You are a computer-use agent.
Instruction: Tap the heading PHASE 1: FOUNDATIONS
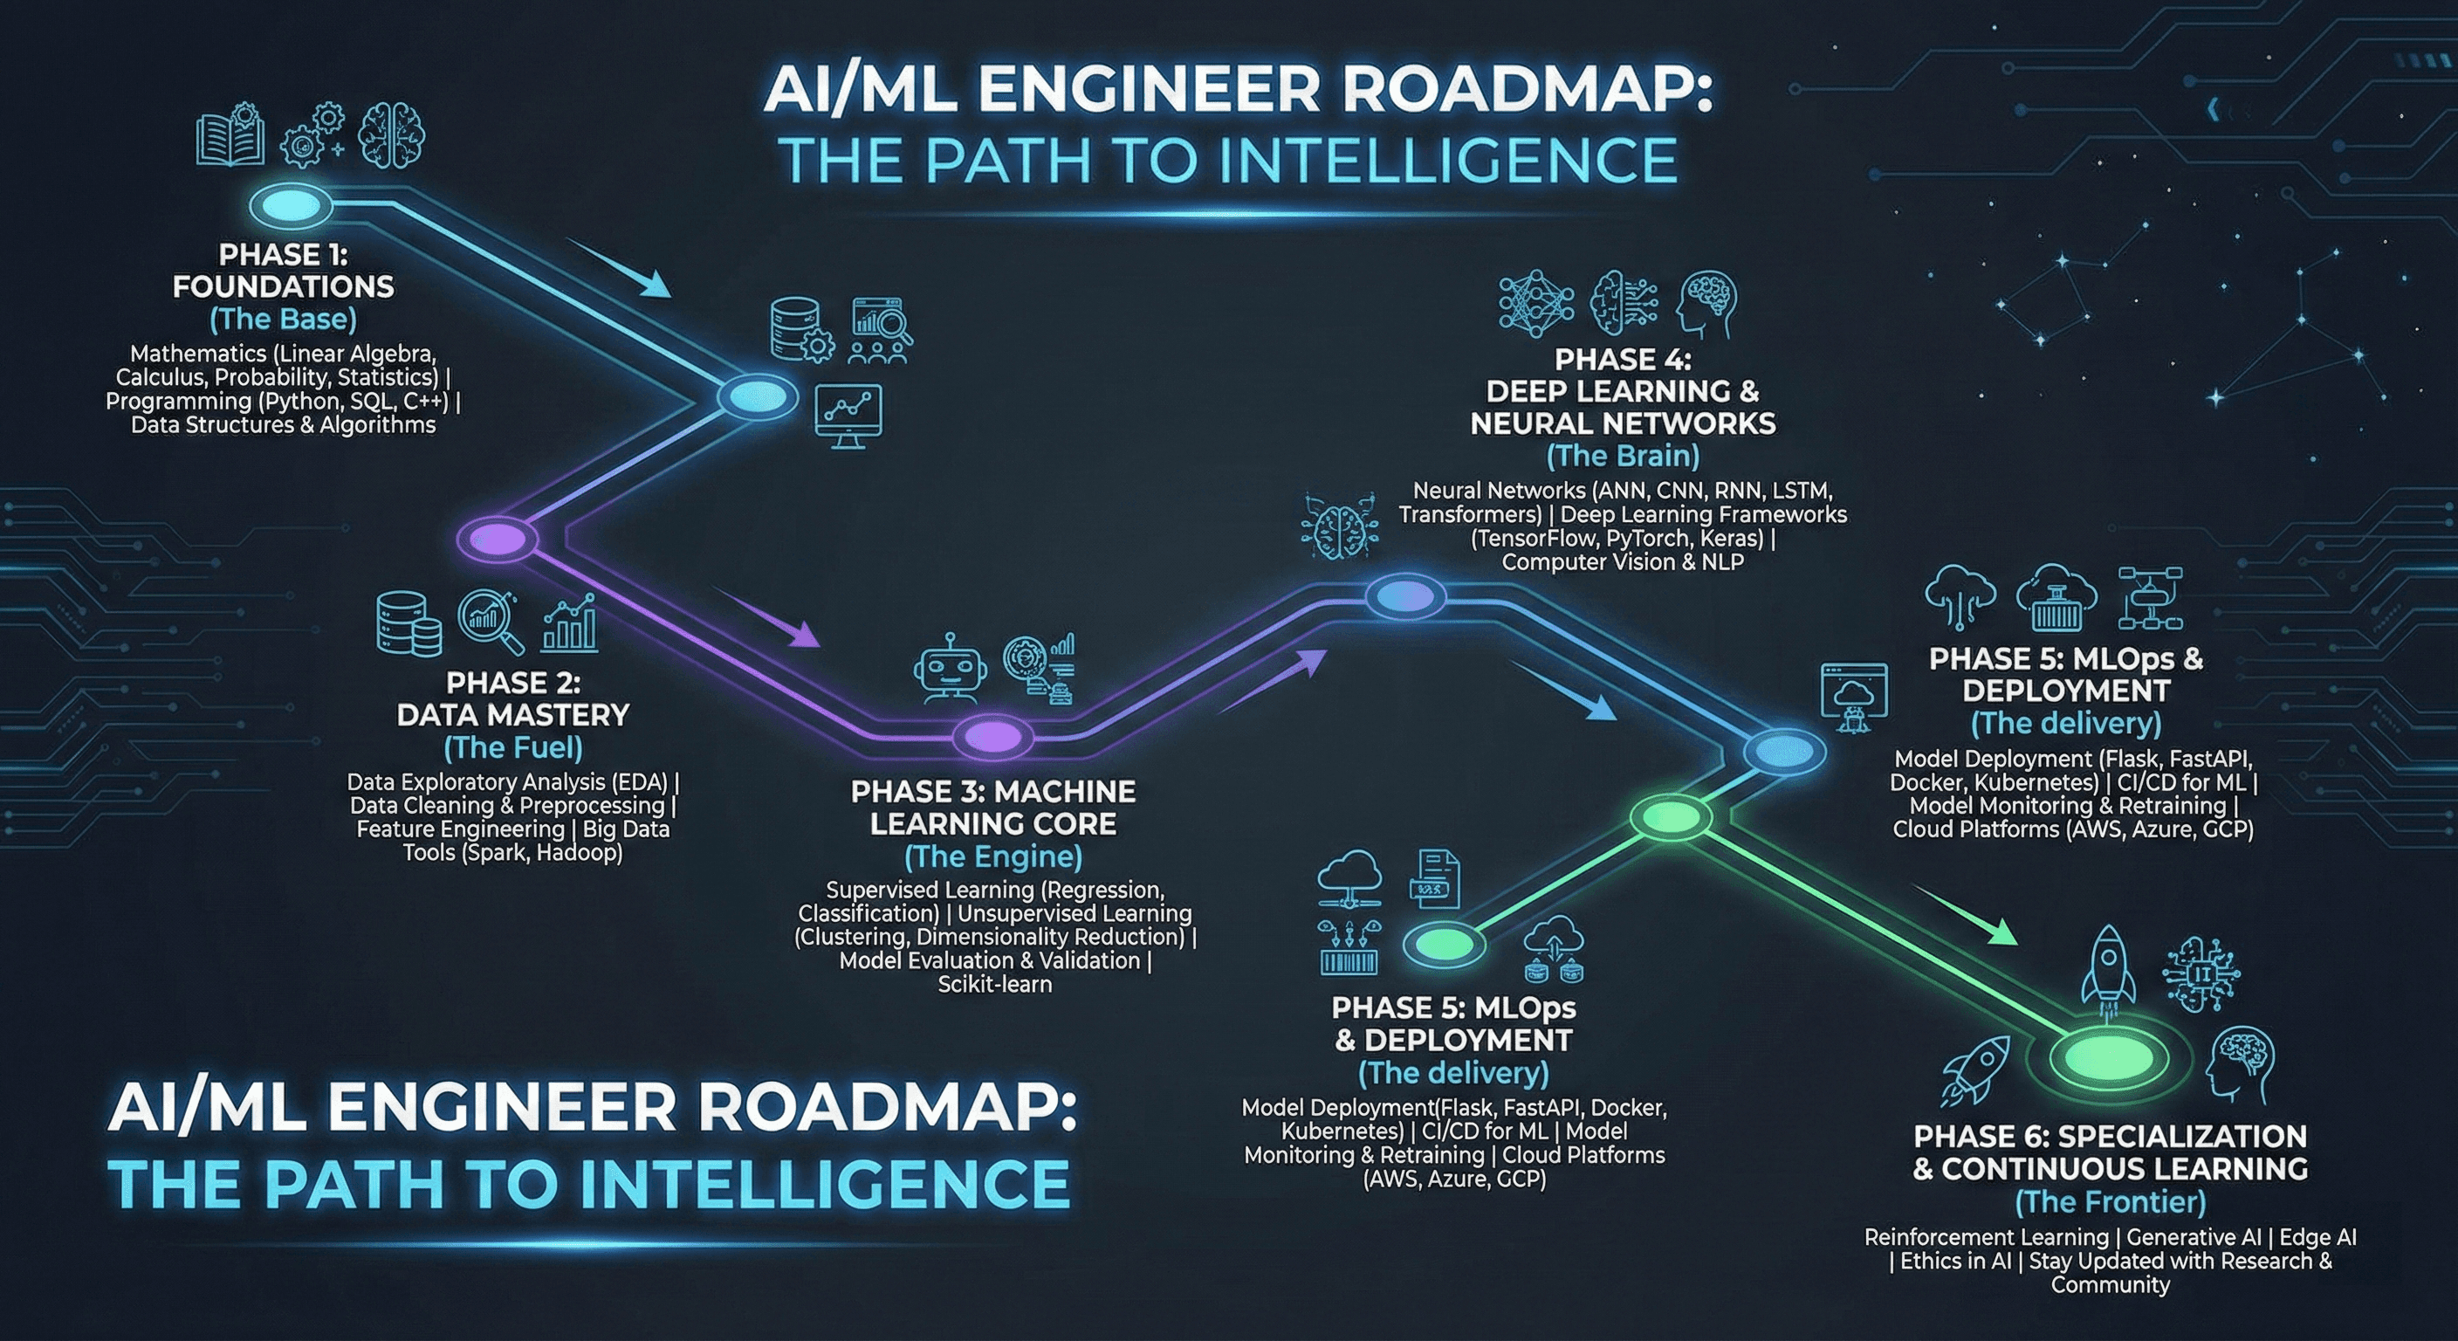tap(283, 271)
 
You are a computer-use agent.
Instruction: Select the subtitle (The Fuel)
tap(513, 747)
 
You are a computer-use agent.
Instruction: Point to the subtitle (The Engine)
tap(993, 856)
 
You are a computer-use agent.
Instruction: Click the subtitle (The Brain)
tap(1623, 457)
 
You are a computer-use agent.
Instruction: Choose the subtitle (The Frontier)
tap(2110, 1200)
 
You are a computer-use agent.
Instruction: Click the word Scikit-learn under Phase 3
tap(994, 984)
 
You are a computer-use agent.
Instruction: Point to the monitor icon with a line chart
tap(848, 416)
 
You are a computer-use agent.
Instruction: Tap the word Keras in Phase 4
tap(1730, 539)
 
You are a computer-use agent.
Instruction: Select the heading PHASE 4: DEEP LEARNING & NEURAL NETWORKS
tap(1623, 391)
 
